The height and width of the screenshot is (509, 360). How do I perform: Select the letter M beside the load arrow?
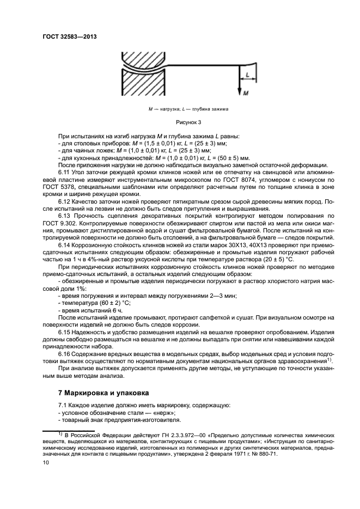[x=246, y=93]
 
